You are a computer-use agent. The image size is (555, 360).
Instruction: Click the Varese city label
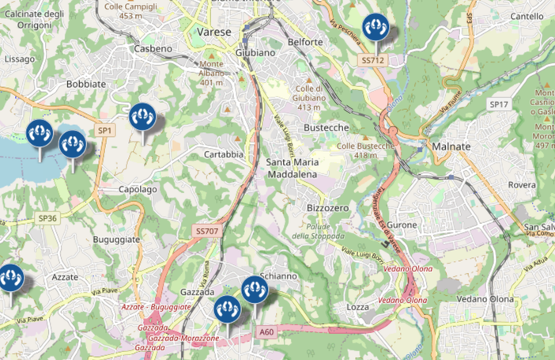pyautogui.click(x=212, y=32)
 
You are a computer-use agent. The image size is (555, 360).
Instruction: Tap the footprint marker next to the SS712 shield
pyautogui.click(x=376, y=28)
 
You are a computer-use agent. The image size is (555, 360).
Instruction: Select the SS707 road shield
pyautogui.click(x=206, y=231)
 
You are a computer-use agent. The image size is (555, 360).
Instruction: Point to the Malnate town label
pyautogui.click(x=451, y=146)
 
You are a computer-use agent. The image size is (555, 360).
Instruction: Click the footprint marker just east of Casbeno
pyautogui.click(x=143, y=118)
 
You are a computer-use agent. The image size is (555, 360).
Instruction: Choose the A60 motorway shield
pyautogui.click(x=267, y=333)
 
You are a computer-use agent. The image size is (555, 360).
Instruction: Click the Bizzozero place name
pyautogui.click(x=327, y=207)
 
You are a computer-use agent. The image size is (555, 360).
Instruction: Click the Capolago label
pyautogui.click(x=138, y=190)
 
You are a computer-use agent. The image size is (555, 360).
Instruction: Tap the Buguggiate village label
pyautogui.click(x=116, y=239)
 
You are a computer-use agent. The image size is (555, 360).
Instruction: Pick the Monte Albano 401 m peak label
pyautogui.click(x=211, y=73)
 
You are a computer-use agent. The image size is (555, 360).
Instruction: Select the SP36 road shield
pyautogui.click(x=47, y=218)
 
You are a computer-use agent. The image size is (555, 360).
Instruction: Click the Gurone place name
pyautogui.click(x=403, y=225)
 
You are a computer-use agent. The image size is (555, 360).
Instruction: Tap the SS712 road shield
pyautogui.click(x=372, y=60)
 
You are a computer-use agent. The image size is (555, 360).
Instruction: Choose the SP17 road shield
pyautogui.click(x=497, y=104)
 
